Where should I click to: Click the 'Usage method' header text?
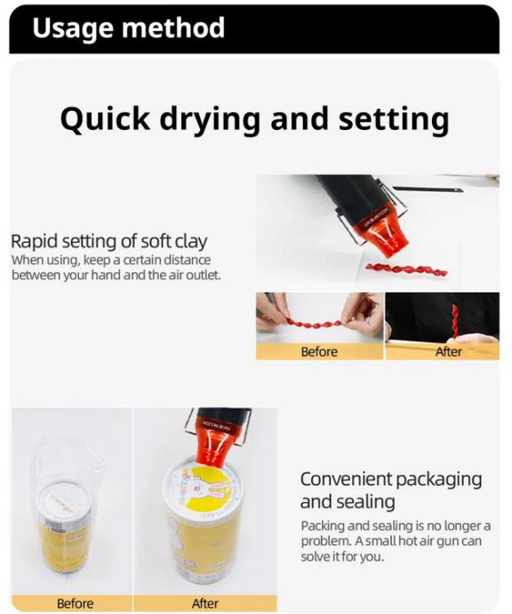[128, 28]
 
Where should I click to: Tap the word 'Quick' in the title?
[105, 118]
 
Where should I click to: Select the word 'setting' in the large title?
[394, 119]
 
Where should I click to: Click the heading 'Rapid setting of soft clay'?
[108, 242]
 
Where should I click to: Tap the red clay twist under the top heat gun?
[406, 270]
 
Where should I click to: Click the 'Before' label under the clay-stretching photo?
[319, 351]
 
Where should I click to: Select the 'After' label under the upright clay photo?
[449, 351]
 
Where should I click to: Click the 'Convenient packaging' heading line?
[391, 480]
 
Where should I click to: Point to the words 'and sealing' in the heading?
[348, 502]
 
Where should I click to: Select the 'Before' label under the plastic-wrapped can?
[75, 603]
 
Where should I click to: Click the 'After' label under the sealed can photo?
[205, 603]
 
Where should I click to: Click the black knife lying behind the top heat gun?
[428, 190]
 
